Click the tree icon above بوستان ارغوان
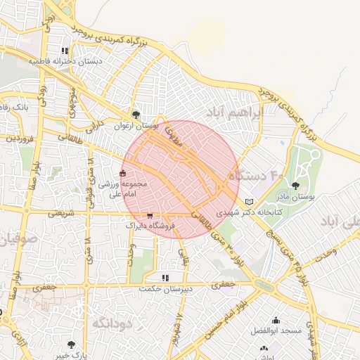click(x=136, y=114)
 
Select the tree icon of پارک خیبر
click(x=71, y=345)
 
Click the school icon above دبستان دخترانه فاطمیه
click(x=65, y=51)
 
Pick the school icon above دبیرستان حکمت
click(x=166, y=278)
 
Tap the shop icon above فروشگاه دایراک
click(x=149, y=216)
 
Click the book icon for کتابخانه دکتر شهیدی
click(x=248, y=202)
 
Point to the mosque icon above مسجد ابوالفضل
click(x=275, y=320)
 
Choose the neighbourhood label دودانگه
click(x=112, y=323)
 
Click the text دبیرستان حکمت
click(x=166, y=289)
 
